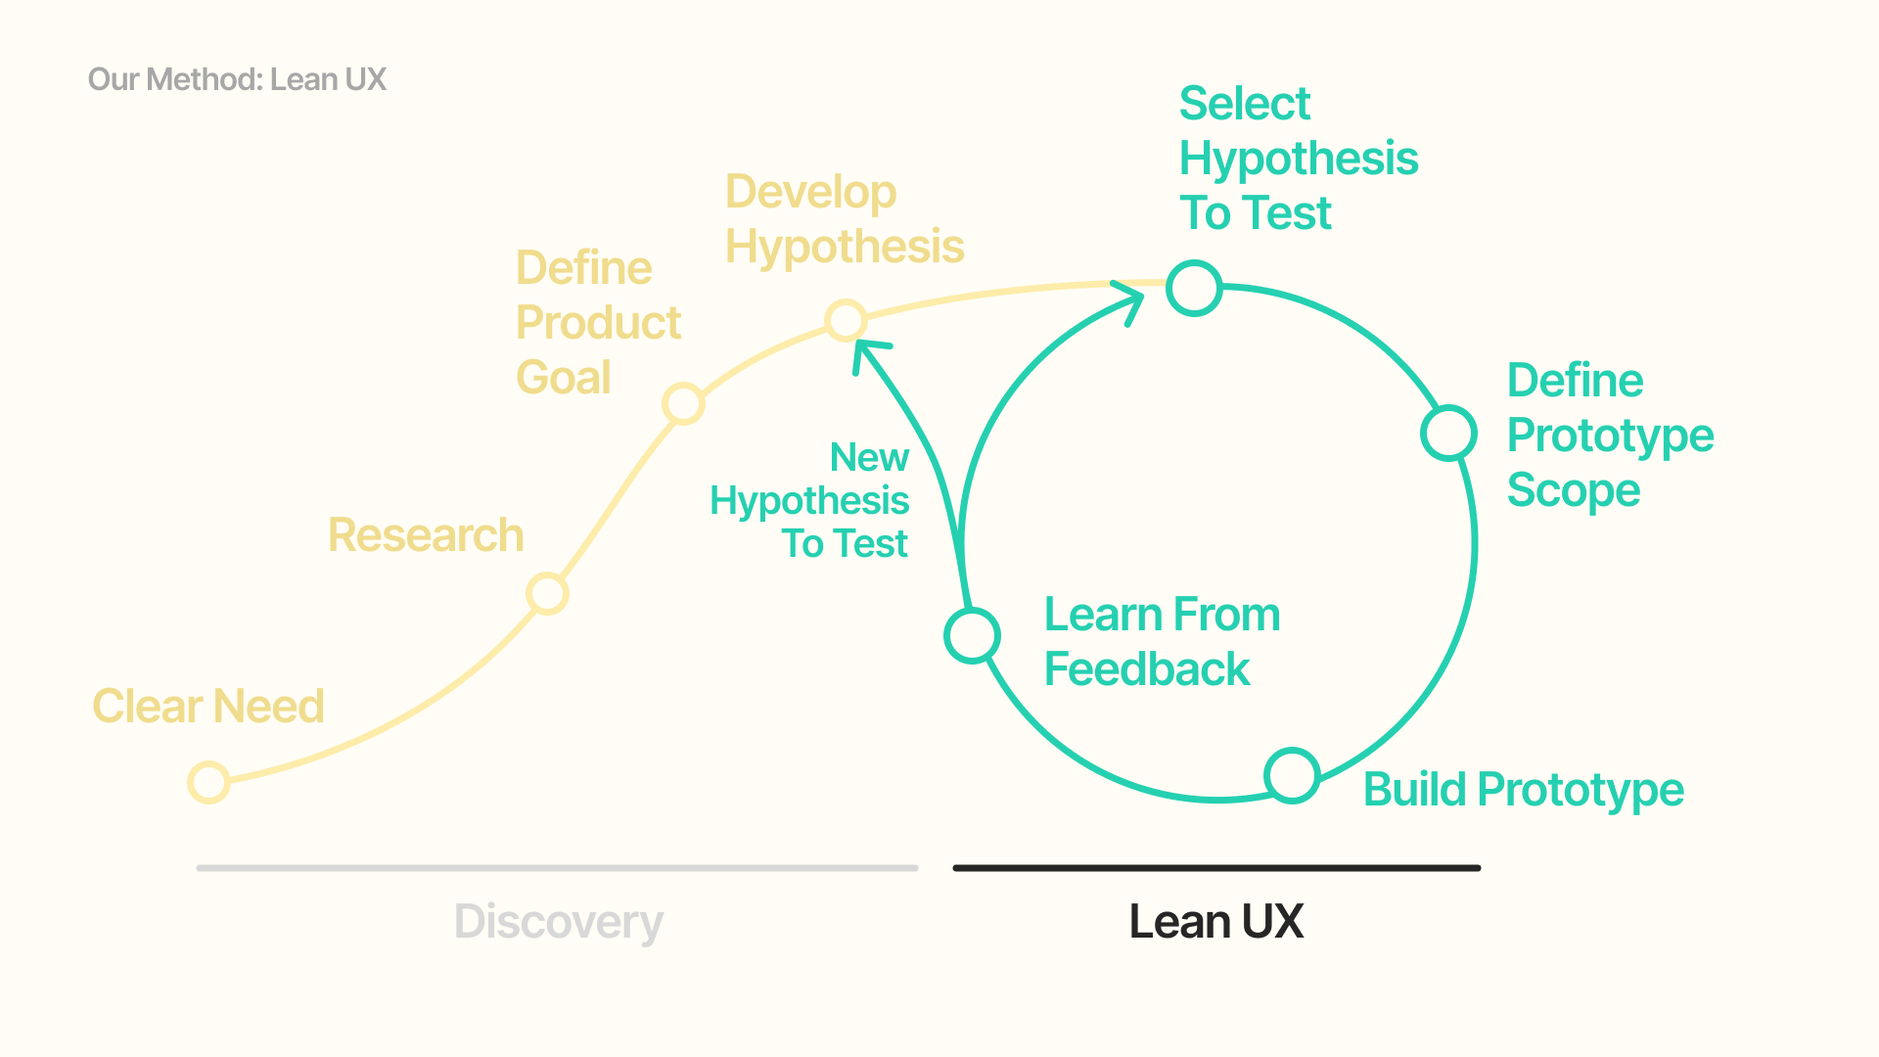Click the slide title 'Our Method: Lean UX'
click(238, 79)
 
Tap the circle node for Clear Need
click(208, 782)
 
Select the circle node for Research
click(547, 593)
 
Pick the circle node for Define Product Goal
click(683, 403)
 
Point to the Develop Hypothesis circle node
click(846, 320)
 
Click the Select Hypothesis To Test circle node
click(1194, 289)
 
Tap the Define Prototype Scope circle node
click(1448, 434)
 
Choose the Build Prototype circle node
click(1292, 775)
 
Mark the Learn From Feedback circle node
click(972, 635)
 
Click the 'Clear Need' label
click(208, 706)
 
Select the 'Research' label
click(426, 535)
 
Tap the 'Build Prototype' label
click(1523, 790)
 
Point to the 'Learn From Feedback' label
click(1162, 642)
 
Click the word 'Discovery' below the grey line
click(559, 922)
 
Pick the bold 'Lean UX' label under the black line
click(1216, 922)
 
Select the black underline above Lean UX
click(1216, 868)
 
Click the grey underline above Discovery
click(557, 868)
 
